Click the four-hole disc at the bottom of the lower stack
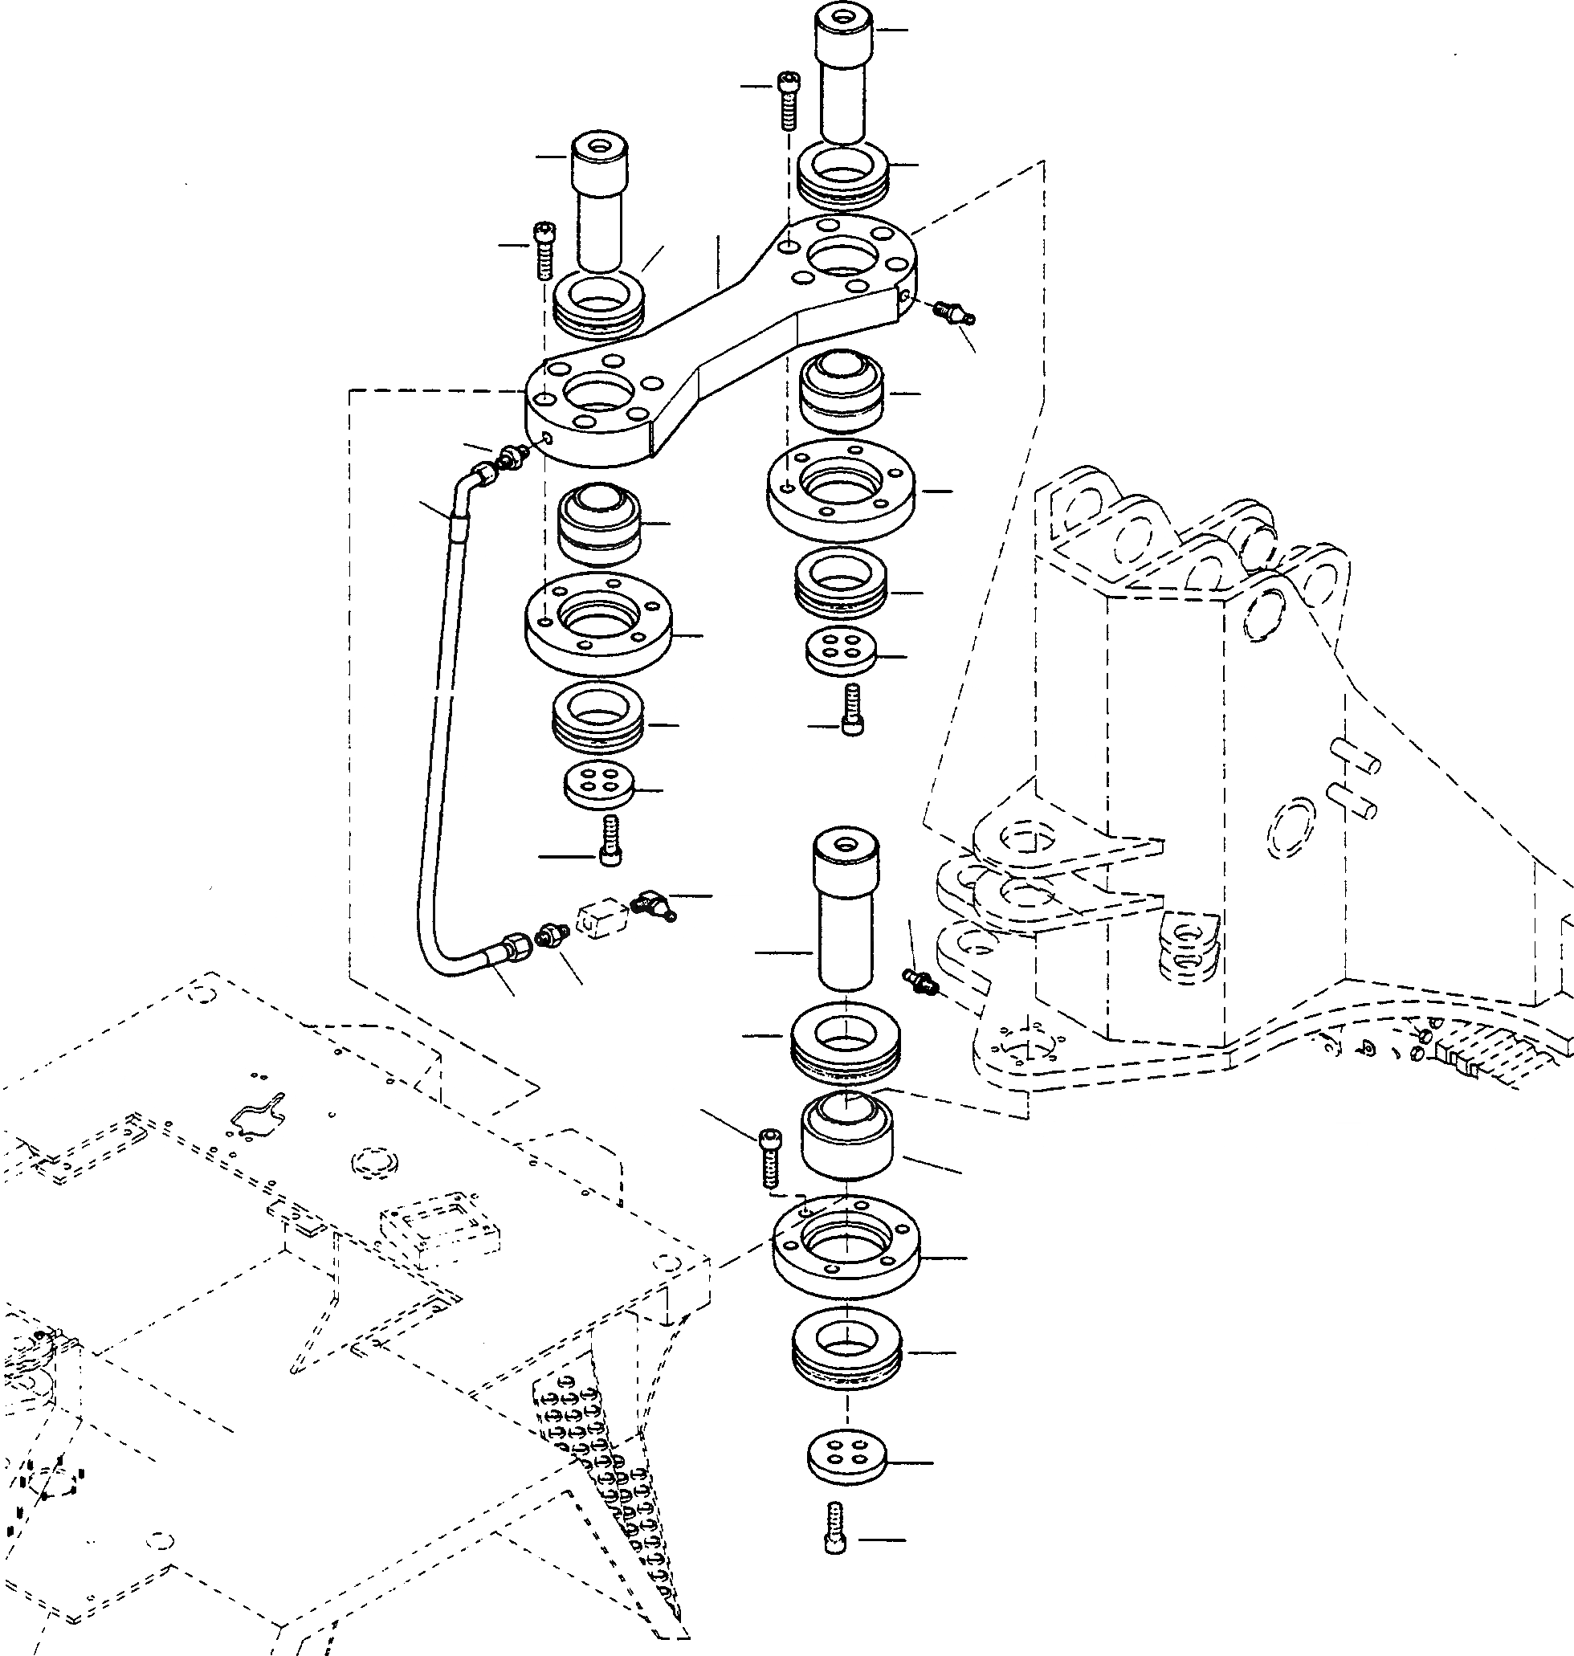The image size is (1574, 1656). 846,1460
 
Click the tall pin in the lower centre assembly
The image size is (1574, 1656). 846,910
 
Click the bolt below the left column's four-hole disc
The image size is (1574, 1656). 610,842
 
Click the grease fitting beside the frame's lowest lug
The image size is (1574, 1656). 919,979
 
